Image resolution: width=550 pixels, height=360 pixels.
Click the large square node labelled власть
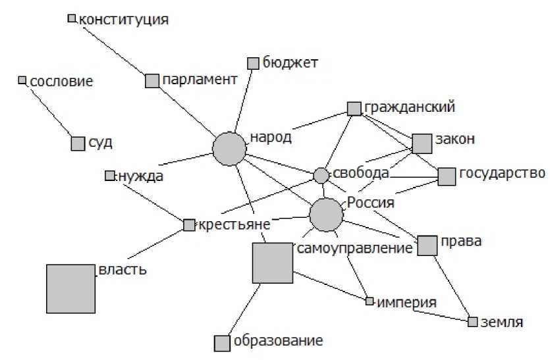click(70, 288)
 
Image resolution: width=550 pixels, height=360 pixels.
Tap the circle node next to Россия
click(325, 214)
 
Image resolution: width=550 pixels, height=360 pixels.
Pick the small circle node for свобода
click(321, 175)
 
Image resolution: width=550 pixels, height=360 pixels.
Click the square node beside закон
click(421, 143)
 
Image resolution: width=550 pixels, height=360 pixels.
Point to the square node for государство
click(447, 176)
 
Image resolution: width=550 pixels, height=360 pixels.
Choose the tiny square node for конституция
click(72, 18)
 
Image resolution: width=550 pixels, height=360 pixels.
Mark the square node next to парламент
click(152, 80)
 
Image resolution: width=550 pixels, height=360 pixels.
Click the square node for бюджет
click(253, 63)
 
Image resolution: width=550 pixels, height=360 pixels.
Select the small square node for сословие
click(22, 80)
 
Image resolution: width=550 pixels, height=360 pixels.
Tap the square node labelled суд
click(78, 143)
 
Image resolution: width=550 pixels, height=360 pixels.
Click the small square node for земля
click(472, 322)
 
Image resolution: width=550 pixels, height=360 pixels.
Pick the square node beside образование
click(222, 343)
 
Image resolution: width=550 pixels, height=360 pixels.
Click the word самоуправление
click(355, 249)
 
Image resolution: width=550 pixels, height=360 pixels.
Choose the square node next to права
click(427, 245)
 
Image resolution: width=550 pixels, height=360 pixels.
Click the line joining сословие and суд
click(49, 111)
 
